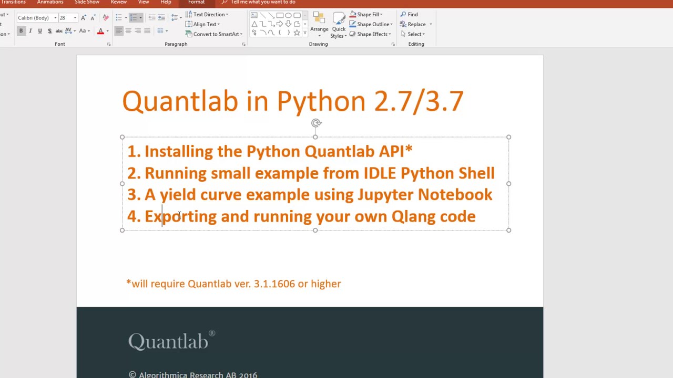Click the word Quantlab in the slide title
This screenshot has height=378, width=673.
coord(180,101)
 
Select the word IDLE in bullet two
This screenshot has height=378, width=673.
coord(380,173)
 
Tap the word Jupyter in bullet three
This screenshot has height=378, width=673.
coord(385,195)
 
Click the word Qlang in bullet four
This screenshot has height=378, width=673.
coord(413,216)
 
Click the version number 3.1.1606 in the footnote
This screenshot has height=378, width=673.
coord(274,284)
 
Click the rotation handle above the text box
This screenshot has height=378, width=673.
coord(315,123)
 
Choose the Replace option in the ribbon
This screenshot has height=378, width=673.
coord(416,24)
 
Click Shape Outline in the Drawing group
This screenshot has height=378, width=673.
coord(372,24)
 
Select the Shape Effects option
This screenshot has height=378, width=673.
coord(372,34)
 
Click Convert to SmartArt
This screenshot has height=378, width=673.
coord(215,34)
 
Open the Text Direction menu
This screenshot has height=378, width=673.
coord(208,15)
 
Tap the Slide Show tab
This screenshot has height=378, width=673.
coord(87,2)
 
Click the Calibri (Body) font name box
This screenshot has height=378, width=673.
coord(34,18)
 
